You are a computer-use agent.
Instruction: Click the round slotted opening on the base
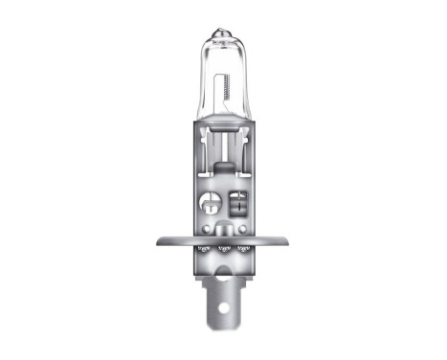tap(211, 202)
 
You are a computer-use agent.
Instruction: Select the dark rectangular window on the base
tap(236, 202)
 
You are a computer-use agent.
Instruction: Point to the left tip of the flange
tap(155, 241)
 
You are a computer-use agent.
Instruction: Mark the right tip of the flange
tap(293, 241)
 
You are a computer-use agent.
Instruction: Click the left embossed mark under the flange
tap(203, 250)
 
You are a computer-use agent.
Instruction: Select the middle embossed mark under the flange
tap(224, 251)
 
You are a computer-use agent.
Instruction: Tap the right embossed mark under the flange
tap(245, 250)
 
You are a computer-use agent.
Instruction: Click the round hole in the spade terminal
tap(224, 308)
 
